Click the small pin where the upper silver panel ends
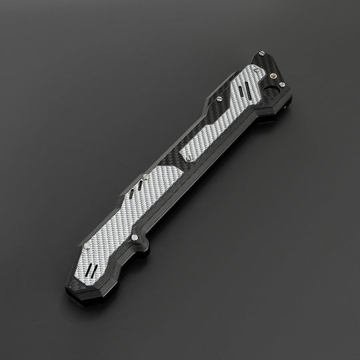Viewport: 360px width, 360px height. click(191, 158)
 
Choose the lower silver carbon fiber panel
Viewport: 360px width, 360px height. click(133, 213)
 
